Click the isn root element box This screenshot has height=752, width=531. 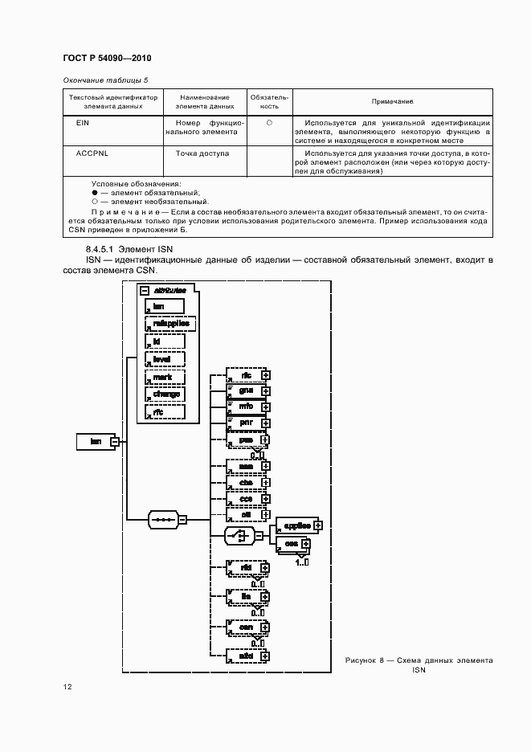point(94,440)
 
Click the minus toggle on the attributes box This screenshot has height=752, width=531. point(144,291)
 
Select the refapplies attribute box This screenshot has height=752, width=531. point(165,324)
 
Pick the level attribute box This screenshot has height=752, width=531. point(164,359)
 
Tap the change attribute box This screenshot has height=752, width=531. point(164,394)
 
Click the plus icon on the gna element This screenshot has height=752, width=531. point(266,391)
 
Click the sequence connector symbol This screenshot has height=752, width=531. point(163,519)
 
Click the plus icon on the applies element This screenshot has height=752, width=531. point(319,525)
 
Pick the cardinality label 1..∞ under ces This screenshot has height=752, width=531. point(302,562)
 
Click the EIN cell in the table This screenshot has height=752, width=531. point(82,122)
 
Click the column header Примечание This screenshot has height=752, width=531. point(392,102)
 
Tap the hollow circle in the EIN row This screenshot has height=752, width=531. point(270,122)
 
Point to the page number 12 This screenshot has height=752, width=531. point(67,687)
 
